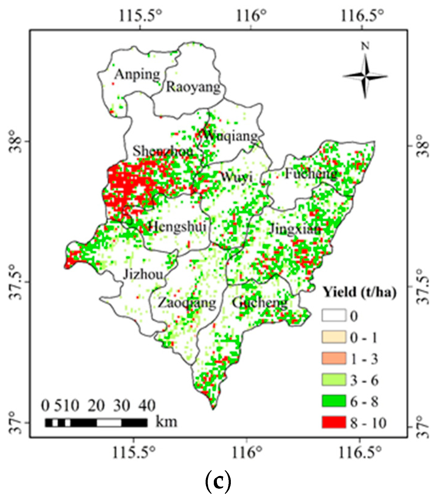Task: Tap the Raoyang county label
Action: pos(193,87)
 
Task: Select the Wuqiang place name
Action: pos(230,136)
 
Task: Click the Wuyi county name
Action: pos(237,176)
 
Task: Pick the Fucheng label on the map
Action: pos(311,174)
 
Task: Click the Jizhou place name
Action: pos(143,275)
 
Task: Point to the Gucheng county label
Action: pos(260,302)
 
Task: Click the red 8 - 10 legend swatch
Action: pos(334,422)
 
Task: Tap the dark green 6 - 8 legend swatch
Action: pos(334,401)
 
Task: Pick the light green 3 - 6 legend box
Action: pos(334,380)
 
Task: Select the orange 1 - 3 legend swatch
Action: pos(334,359)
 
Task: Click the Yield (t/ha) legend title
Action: pos(359,292)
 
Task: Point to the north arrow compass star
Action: pos(365,76)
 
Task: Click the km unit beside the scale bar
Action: pos(166,422)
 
